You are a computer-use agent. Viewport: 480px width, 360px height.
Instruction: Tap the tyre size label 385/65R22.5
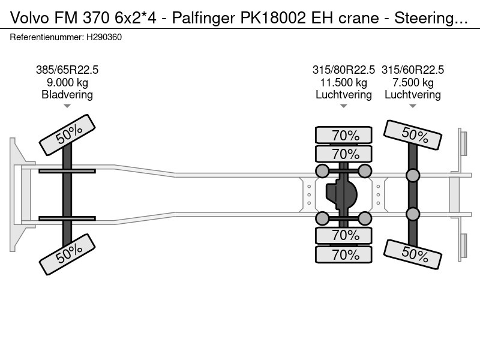[x=67, y=70]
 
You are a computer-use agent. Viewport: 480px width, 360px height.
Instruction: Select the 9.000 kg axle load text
[x=67, y=82]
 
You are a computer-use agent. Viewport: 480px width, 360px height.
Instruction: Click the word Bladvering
[x=67, y=95]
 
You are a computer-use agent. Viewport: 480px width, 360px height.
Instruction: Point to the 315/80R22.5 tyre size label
[x=344, y=70]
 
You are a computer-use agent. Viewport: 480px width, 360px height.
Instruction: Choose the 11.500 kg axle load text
[x=344, y=82]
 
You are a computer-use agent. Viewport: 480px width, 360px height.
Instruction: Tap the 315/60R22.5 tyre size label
[x=413, y=70]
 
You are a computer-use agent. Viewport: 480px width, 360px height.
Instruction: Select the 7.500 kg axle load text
[x=413, y=82]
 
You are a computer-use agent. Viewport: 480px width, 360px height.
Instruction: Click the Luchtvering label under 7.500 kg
[x=413, y=95]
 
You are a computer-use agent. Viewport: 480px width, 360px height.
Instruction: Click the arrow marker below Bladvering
[x=67, y=106]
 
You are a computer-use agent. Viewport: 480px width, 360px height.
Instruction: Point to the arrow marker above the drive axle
[x=344, y=106]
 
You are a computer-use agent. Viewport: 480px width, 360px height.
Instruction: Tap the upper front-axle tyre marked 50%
[x=67, y=136]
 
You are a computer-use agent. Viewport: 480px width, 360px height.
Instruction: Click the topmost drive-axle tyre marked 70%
[x=344, y=135]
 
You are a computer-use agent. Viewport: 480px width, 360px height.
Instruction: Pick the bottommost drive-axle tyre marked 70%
[x=344, y=254]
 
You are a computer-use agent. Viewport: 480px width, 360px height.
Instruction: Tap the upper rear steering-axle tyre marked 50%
[x=413, y=135]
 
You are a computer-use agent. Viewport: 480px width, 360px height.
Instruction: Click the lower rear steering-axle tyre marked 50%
[x=413, y=254]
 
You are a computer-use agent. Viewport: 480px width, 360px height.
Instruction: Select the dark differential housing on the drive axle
[x=341, y=194]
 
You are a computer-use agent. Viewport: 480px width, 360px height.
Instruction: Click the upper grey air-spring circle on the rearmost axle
[x=413, y=175]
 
